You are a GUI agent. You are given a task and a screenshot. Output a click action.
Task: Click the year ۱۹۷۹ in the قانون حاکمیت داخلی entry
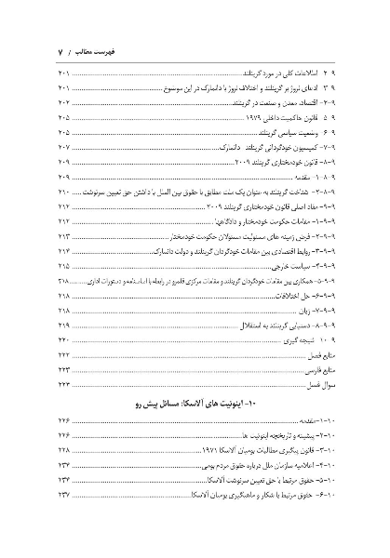[232, 120]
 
